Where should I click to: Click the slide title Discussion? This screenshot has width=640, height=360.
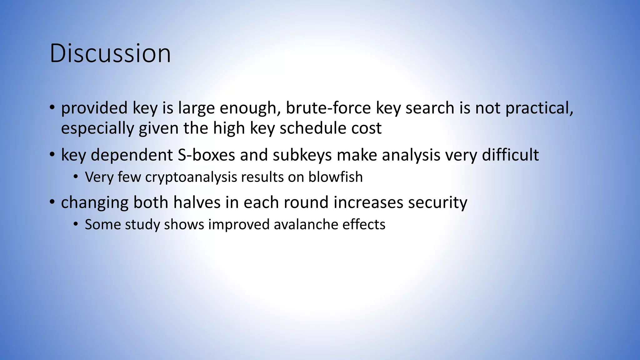click(110, 53)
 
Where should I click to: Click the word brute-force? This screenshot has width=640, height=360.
click(328, 108)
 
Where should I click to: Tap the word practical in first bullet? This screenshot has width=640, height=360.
click(539, 108)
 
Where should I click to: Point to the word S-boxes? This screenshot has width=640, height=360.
click(206, 155)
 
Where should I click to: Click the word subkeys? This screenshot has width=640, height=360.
click(302, 155)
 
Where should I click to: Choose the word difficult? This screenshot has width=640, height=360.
click(510, 155)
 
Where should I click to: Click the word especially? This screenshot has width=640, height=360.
click(97, 128)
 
